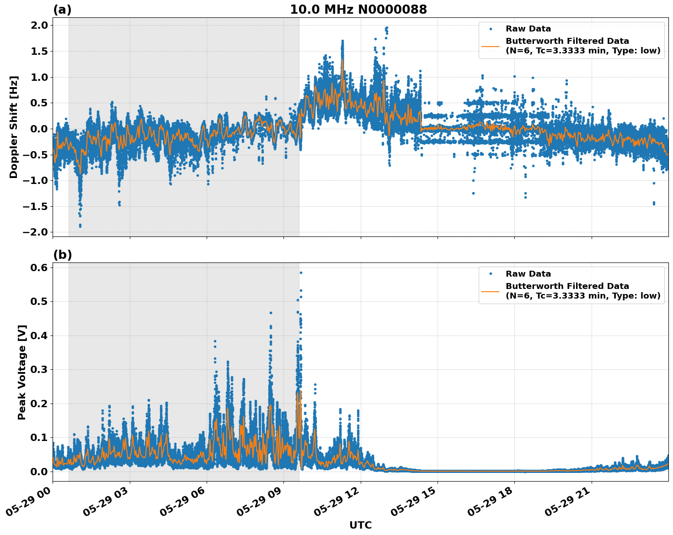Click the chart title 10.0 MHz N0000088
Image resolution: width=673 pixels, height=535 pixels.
click(x=358, y=10)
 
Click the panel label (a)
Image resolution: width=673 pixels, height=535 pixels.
click(x=62, y=10)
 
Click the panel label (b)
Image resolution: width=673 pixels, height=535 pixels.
click(x=62, y=255)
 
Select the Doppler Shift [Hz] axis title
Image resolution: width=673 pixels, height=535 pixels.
click(x=14, y=127)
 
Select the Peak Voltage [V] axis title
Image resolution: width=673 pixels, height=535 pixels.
click(x=22, y=372)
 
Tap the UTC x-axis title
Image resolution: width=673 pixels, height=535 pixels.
click(x=360, y=525)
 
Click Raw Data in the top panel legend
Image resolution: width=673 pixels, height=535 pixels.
click(x=528, y=29)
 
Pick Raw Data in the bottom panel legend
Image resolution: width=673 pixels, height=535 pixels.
click(x=528, y=274)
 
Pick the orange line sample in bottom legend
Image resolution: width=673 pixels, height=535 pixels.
click(x=491, y=291)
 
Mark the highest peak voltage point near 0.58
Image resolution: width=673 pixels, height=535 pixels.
click(x=301, y=273)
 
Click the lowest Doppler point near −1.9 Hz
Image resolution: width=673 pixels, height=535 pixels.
click(x=80, y=226)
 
